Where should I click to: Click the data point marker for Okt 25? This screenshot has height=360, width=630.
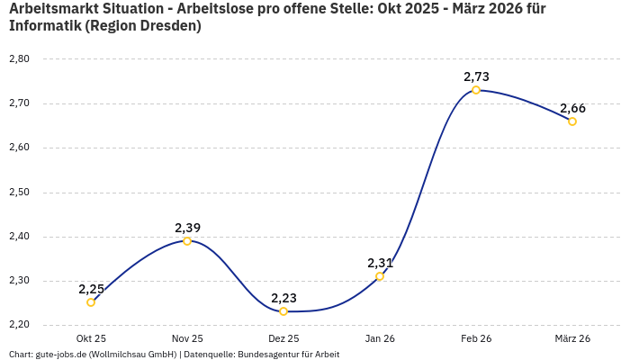[x=91, y=302]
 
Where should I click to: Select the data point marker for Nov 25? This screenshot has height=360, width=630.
[x=187, y=241]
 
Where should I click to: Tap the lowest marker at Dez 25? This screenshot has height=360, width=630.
[x=283, y=311]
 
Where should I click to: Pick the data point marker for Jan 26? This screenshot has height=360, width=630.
[x=380, y=276]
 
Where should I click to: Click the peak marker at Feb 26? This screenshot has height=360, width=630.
[x=476, y=90]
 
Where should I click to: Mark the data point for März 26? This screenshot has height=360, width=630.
[x=572, y=121]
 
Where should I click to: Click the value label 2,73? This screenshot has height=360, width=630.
[x=476, y=76]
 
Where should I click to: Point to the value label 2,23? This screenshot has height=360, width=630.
[x=283, y=298]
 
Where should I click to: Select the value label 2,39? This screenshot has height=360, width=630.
[x=187, y=228]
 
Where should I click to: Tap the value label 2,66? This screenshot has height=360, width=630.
[x=572, y=108]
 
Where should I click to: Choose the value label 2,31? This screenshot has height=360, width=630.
[x=380, y=263]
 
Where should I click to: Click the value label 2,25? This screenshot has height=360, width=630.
[x=91, y=289]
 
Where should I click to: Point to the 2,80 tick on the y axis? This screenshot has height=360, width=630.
[x=19, y=59]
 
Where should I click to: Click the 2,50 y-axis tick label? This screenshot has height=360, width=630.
[x=19, y=193]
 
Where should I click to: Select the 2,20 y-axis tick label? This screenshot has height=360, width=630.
[x=19, y=325]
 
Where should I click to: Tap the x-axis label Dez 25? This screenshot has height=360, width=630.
[x=283, y=338]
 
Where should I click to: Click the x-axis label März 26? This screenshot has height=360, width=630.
[x=572, y=338]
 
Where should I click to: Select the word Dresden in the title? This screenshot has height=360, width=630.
[x=168, y=26]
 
